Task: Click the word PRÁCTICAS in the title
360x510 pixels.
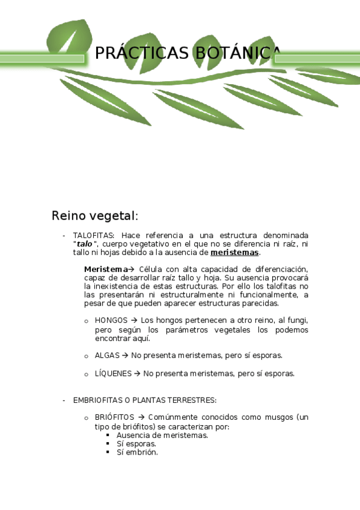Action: coord(142,54)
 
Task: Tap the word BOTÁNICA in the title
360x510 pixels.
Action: coord(236,54)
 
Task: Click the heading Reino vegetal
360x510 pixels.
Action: coord(95,215)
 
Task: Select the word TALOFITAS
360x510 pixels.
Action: coord(93,235)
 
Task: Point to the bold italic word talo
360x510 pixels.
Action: coord(85,244)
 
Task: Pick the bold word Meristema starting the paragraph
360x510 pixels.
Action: coord(106,269)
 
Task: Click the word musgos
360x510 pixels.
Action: coord(279,417)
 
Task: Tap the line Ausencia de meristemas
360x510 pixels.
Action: coord(162,435)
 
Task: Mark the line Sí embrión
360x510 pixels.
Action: coord(137,452)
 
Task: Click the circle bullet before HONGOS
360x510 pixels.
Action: coord(87,321)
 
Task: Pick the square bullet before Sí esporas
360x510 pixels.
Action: coord(108,444)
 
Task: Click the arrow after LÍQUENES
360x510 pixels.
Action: coord(137,373)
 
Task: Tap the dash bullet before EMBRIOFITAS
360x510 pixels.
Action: coord(64,400)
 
